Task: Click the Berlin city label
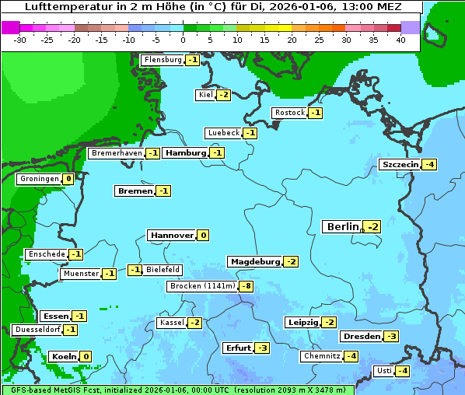[x=342, y=227]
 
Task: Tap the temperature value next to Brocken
[x=246, y=286]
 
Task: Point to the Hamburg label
[x=185, y=153]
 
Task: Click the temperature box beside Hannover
[x=203, y=236]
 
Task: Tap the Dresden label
[x=361, y=337]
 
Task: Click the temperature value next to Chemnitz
[x=351, y=356]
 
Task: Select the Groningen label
[x=39, y=179]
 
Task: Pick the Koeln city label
[x=62, y=357]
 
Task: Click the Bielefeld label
[x=163, y=270]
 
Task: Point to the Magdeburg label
[x=254, y=261]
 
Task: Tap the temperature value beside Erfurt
[x=262, y=348]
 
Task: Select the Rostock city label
[x=289, y=113]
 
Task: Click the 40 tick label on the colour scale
[x=400, y=40]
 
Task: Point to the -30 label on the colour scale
[x=20, y=40]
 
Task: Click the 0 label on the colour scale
[x=183, y=40]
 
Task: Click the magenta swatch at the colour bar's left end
[x=10, y=27]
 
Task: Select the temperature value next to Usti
[x=402, y=371]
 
